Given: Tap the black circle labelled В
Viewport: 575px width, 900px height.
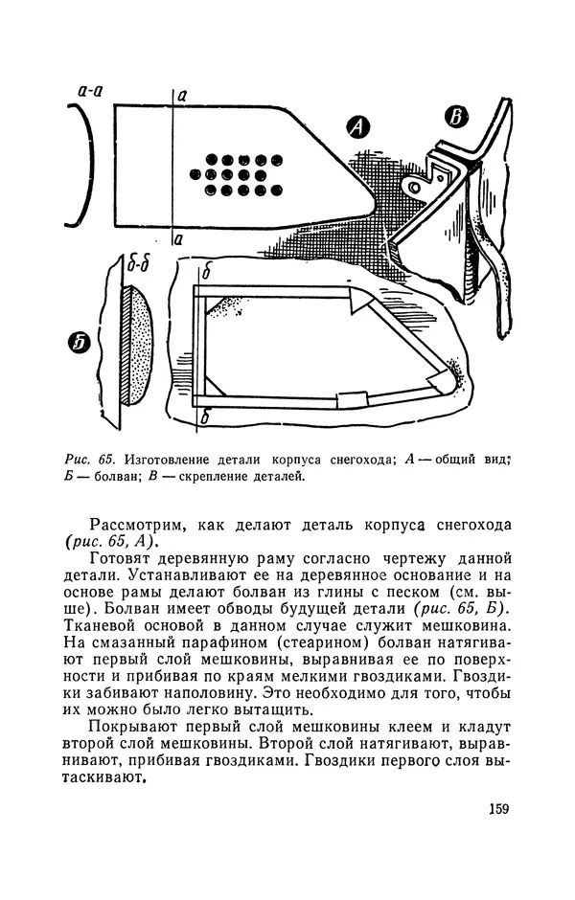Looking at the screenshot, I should [x=457, y=117].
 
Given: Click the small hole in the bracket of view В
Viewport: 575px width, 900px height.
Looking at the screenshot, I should [x=414, y=182].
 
